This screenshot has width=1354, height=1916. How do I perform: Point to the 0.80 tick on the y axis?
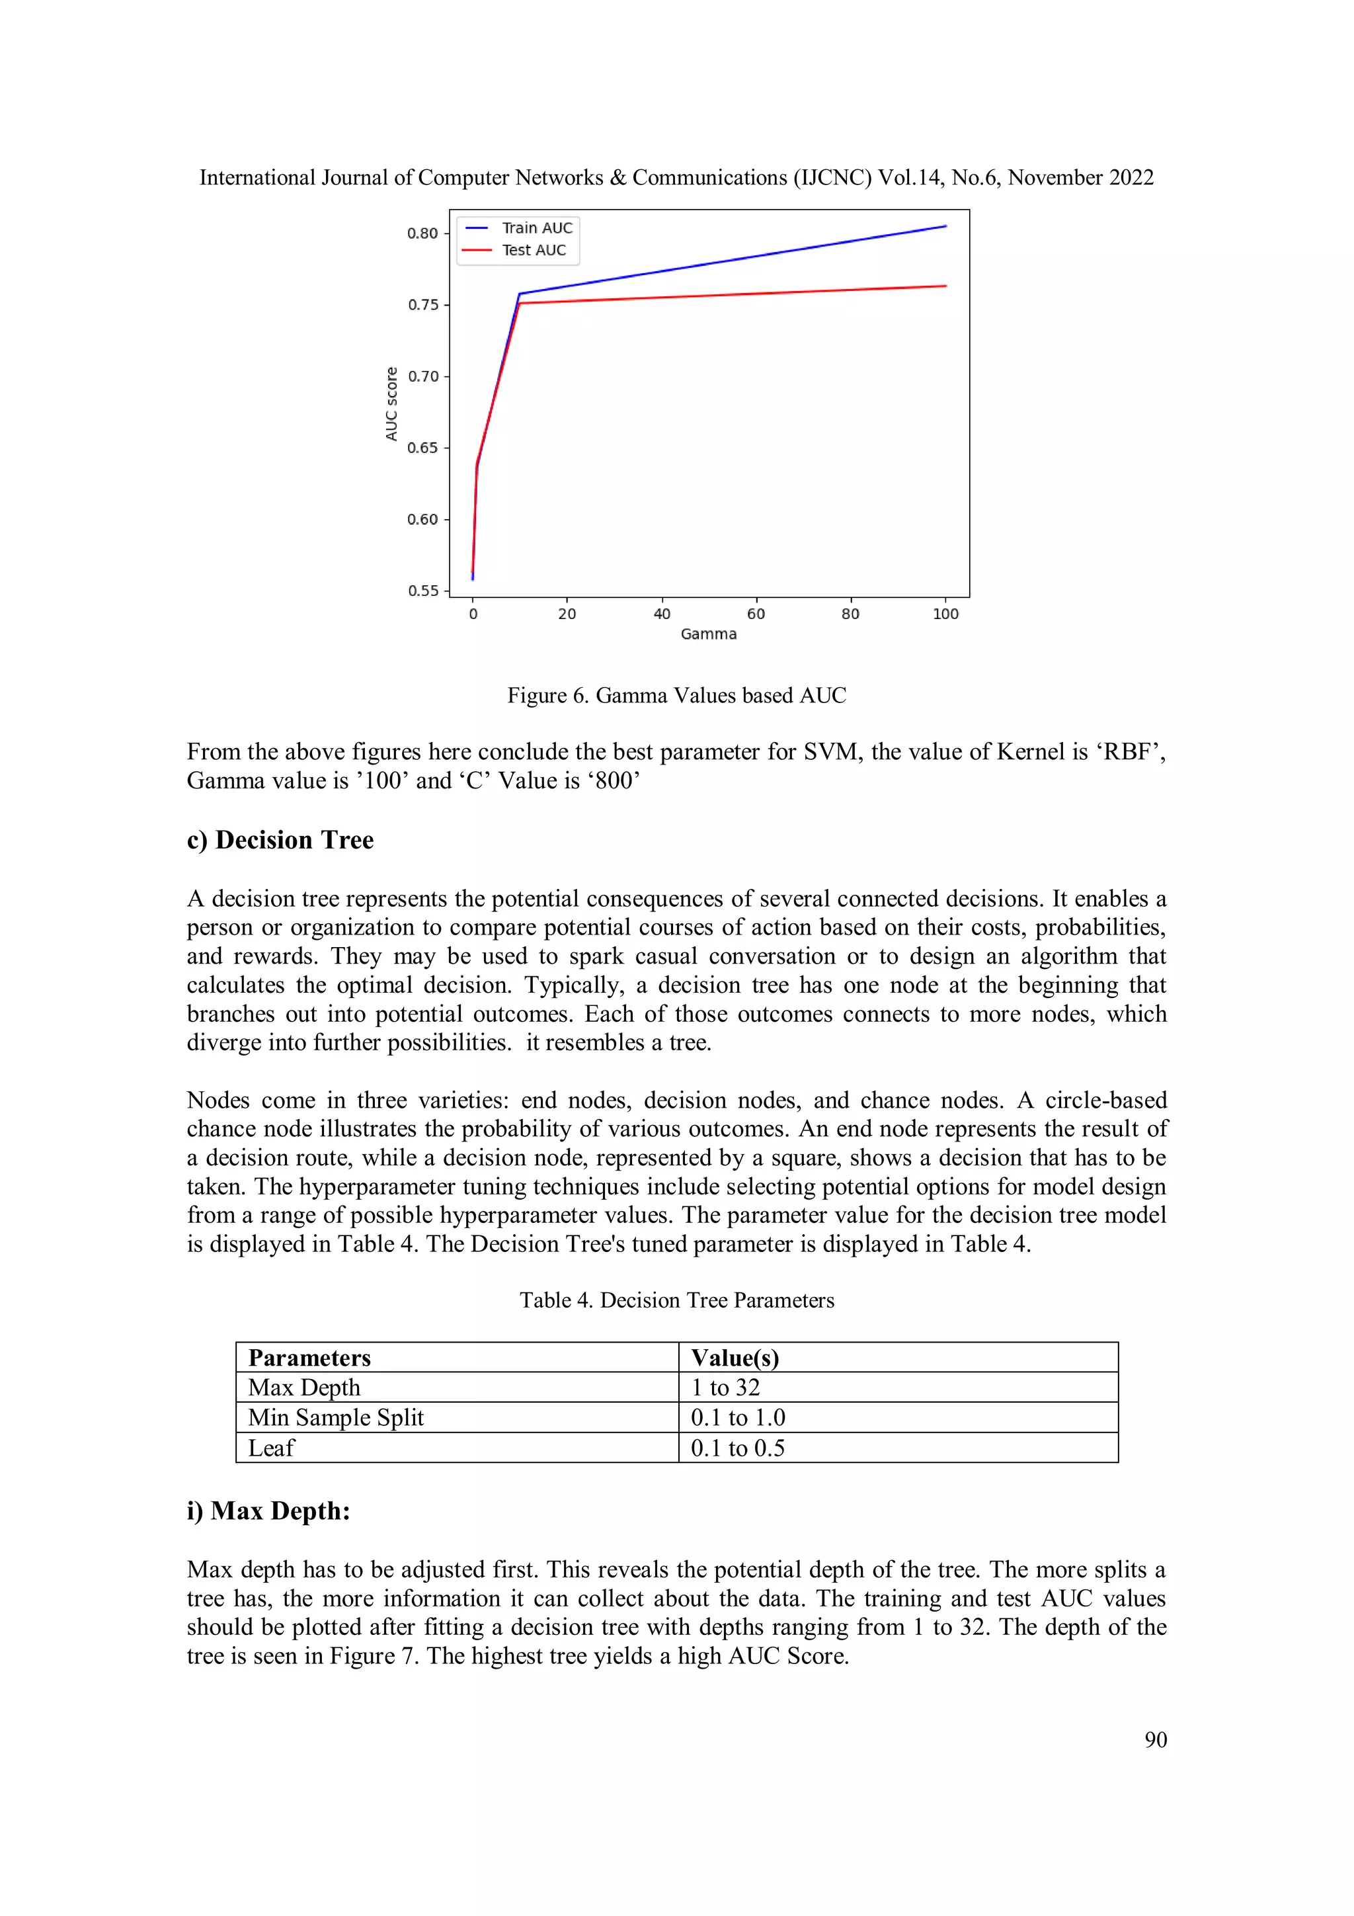coord(422,233)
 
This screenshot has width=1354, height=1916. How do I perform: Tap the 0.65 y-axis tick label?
coord(422,448)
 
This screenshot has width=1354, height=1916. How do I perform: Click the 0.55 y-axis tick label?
coord(422,591)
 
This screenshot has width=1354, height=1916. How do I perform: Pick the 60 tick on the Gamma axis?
coord(756,614)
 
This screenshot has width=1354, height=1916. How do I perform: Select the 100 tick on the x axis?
coord(945,614)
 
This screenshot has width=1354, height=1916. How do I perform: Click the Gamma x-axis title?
coord(708,634)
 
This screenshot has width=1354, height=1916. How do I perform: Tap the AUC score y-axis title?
coord(391,404)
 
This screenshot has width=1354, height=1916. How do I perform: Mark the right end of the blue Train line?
coord(945,226)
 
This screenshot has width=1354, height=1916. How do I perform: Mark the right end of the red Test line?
coord(945,286)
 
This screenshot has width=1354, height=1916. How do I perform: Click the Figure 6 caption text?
coord(676,695)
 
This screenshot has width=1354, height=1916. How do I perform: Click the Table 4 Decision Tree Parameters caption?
coord(676,1300)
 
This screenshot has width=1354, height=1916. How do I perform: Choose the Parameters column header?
coord(309,1358)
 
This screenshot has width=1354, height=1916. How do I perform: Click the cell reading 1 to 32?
coord(725,1388)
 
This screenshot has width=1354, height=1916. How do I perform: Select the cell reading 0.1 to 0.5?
coord(737,1448)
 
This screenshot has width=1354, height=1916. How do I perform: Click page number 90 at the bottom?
coord(1156,1740)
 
